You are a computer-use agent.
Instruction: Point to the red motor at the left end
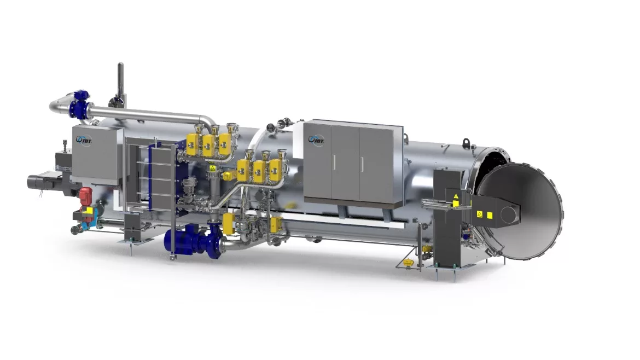pyautogui.click(x=85, y=195)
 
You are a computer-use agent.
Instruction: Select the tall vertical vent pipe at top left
pyautogui.click(x=120, y=80)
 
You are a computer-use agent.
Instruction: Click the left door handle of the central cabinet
pyautogui.click(x=332, y=163)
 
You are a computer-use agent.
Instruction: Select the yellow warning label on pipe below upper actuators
pyautogui.click(x=212, y=170)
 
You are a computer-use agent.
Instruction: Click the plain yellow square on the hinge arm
pyautogui.click(x=490, y=216)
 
